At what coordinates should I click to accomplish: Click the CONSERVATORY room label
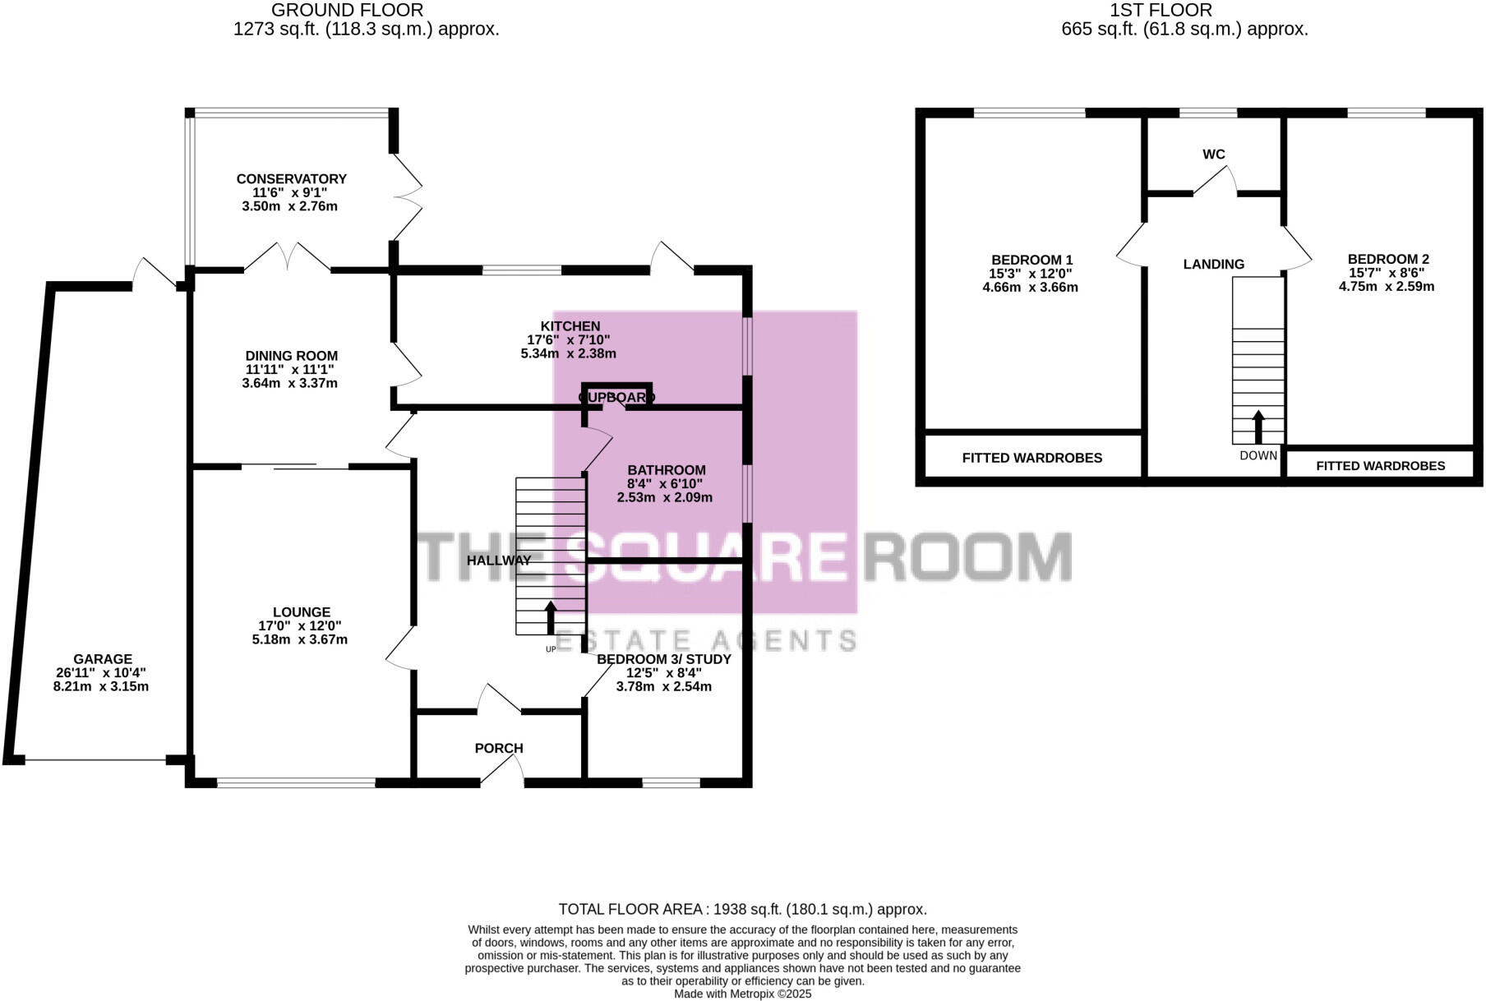click(291, 179)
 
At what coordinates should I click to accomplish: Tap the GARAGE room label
click(102, 659)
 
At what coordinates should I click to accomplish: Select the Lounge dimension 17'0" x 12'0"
click(301, 625)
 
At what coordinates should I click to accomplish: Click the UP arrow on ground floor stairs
click(551, 617)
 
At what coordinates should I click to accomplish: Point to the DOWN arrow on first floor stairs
click(1258, 427)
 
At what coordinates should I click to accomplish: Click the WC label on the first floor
click(1213, 155)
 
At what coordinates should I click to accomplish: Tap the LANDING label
click(1213, 265)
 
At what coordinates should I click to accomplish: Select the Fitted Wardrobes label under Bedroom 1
click(1031, 458)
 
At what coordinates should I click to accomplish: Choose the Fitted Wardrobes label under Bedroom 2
click(1380, 466)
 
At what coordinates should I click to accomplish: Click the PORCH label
click(498, 749)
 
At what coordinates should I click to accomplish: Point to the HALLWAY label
click(498, 560)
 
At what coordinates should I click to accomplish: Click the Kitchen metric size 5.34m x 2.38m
click(568, 354)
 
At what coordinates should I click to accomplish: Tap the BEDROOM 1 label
click(1031, 260)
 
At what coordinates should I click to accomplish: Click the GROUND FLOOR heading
click(347, 11)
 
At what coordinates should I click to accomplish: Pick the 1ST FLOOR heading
click(1160, 11)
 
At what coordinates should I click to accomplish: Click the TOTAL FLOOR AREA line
click(742, 909)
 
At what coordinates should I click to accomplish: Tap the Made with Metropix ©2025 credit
click(742, 994)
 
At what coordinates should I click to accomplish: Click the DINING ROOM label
click(291, 356)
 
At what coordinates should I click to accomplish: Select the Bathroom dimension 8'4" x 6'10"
click(665, 484)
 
